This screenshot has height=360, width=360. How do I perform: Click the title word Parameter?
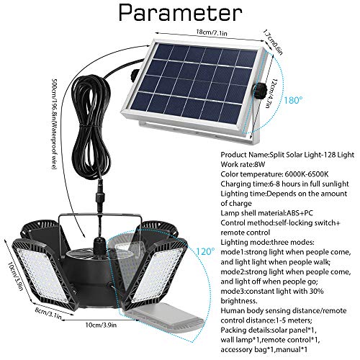[180, 12]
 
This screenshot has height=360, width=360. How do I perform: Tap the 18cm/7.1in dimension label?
[212, 32]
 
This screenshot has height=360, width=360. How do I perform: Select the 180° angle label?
[293, 100]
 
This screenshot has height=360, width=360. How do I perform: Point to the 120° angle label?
[205, 251]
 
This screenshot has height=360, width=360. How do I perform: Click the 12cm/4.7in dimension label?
[271, 94]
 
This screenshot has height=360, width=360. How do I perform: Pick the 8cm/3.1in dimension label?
[48, 314]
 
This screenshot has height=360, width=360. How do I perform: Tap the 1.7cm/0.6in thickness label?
[273, 42]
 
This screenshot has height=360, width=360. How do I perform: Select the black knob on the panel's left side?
[135, 74]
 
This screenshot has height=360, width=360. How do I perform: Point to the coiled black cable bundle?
[92, 125]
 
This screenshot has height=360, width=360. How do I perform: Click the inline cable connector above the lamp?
[98, 194]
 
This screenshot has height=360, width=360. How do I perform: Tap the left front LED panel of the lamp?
[42, 274]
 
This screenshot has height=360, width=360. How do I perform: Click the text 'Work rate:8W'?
[243, 164]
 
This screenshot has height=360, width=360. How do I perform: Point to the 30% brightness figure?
[315, 291]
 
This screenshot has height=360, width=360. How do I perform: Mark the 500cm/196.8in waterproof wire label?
[54, 125]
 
